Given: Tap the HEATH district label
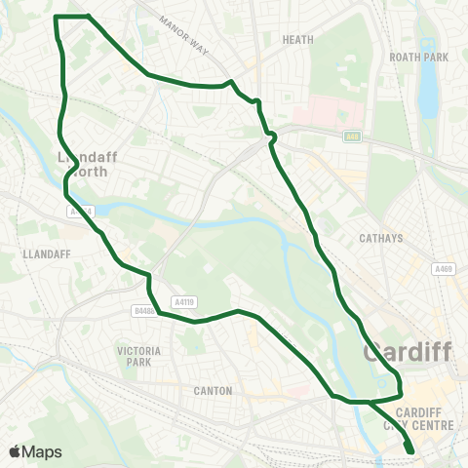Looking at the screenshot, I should click(296, 40).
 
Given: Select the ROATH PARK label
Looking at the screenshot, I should click(418, 58).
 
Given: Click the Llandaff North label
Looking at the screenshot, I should click(87, 164).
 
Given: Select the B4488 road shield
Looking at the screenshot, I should click(143, 312).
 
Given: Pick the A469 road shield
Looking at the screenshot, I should click(445, 269).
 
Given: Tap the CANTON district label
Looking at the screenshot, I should click(213, 391).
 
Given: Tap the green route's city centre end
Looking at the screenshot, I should click(409, 450).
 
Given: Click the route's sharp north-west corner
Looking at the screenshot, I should click(56, 17).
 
